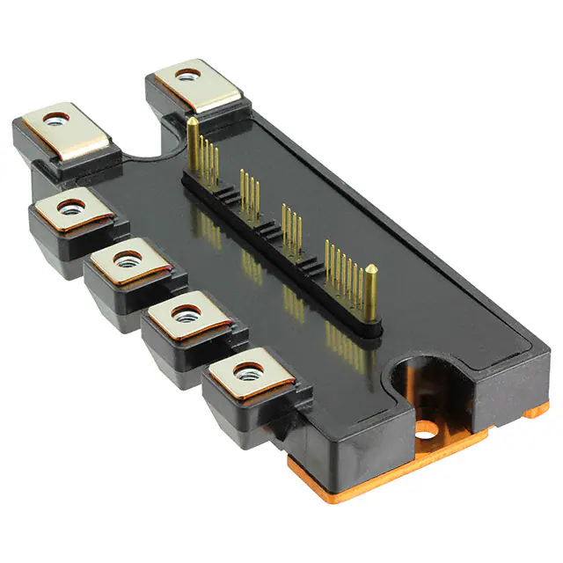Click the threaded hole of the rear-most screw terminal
186,77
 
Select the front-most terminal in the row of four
247,376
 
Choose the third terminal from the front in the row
127,263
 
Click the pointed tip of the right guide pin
371,268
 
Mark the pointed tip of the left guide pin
189,120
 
